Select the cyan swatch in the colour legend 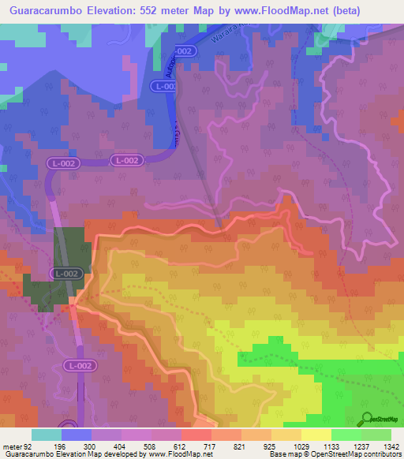click(x=46, y=435)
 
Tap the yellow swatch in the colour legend click(x=316, y=435)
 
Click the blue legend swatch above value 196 click(x=76, y=435)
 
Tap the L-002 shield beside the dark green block click(x=65, y=273)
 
